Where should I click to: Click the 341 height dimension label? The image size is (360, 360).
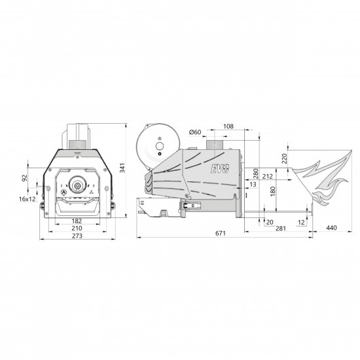tap(122, 168)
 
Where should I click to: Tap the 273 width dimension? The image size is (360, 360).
tap(77, 236)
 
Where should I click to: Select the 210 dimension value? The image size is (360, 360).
tap(77, 228)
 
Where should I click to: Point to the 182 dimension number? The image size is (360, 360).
tap(77, 221)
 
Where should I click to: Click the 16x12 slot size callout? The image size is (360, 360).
tap(27, 199)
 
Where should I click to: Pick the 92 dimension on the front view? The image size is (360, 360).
tap(25, 178)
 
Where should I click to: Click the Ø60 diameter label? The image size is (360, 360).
tap(195, 132)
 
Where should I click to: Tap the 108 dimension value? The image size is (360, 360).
tap(228, 126)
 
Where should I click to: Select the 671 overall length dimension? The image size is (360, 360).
tap(221, 233)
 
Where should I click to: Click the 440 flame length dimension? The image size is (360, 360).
tap(332, 228)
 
